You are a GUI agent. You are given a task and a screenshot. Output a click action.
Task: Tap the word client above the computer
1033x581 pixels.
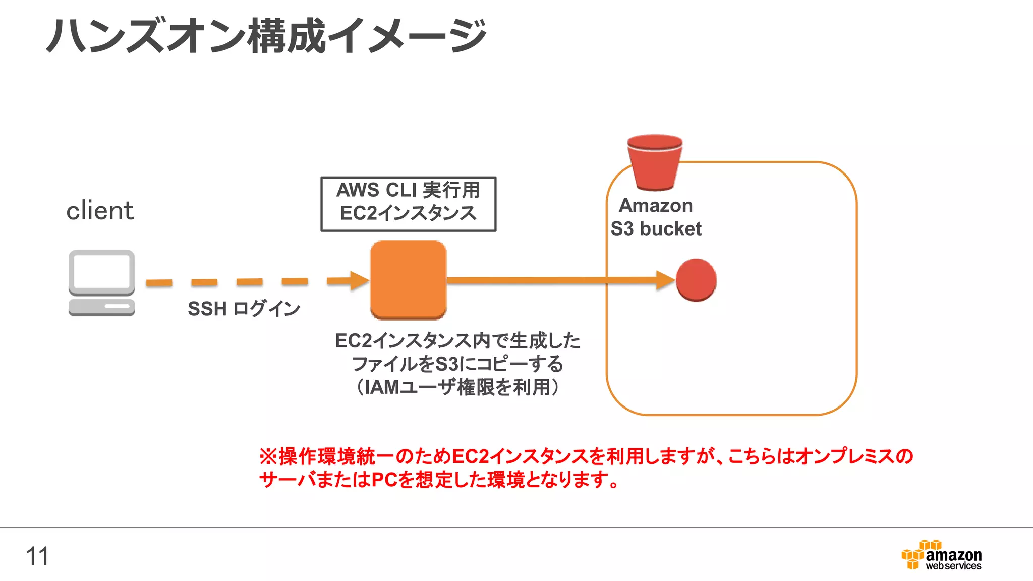[100, 210]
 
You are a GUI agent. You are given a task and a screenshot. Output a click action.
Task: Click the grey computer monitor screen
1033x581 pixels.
[102, 271]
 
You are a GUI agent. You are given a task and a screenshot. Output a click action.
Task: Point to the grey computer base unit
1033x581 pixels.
[101, 307]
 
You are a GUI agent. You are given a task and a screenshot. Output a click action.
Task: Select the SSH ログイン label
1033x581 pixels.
[244, 309]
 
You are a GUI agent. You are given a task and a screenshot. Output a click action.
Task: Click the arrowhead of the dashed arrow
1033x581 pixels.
[359, 281]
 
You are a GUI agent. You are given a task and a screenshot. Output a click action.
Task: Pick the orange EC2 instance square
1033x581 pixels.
[408, 280]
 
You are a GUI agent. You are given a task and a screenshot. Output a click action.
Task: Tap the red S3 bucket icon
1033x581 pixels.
[655, 162]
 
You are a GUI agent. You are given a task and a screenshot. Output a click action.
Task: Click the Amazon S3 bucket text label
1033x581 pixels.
[656, 217]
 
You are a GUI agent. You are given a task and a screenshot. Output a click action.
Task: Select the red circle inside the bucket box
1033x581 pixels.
[696, 280]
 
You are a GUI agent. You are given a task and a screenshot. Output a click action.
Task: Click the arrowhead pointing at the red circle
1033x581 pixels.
[665, 280]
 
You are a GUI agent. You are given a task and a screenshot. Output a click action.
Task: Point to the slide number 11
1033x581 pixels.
[37, 556]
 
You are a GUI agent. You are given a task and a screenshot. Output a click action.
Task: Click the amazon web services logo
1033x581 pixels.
[941, 555]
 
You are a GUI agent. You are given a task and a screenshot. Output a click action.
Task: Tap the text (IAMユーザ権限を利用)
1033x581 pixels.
[457, 387]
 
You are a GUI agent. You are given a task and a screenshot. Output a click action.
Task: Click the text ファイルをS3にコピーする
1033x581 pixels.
[457, 364]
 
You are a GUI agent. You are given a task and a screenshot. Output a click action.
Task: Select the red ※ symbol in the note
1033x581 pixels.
[268, 456]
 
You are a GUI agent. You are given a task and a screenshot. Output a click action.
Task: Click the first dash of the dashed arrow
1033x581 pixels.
[159, 283]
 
